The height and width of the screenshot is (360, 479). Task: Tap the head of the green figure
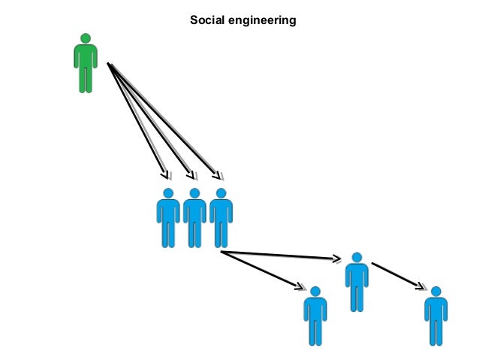click(86, 38)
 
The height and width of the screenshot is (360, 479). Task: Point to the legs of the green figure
click(86, 79)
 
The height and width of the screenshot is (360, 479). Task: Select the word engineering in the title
click(262, 20)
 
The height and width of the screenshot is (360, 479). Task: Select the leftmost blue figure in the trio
click(168, 218)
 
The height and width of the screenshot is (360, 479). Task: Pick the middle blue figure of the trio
click(194, 218)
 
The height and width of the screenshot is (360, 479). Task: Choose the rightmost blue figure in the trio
click(221, 218)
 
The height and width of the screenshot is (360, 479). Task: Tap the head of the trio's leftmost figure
click(168, 193)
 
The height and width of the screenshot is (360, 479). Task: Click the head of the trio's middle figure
click(194, 193)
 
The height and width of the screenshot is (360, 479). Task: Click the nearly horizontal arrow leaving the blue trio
click(282, 256)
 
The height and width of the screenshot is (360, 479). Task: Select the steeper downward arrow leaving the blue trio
click(263, 270)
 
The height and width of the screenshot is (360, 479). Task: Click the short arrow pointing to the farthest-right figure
click(398, 275)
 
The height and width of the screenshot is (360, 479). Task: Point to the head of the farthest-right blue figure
click(435, 292)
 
